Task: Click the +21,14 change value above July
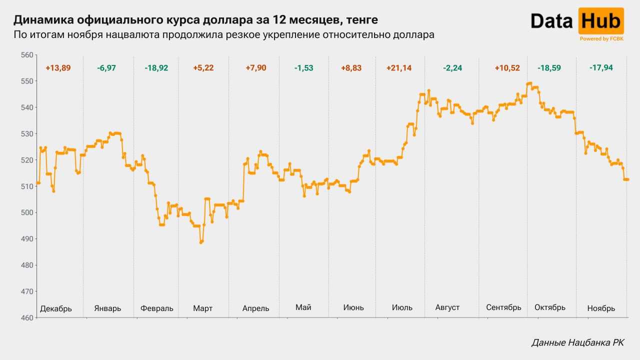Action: [399, 68]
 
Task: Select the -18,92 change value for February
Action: [156, 68]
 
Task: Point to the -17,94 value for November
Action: [601, 67]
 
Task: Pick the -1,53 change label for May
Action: [303, 68]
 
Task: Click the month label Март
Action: [202, 308]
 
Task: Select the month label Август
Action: [447, 307]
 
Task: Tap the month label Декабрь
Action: [55, 308]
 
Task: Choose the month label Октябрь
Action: [549, 307]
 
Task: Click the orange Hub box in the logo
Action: [601, 21]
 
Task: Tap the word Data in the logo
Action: [552, 21]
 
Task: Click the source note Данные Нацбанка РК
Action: [577, 342]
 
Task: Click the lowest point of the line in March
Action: [201, 242]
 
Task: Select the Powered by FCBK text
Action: [601, 38]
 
